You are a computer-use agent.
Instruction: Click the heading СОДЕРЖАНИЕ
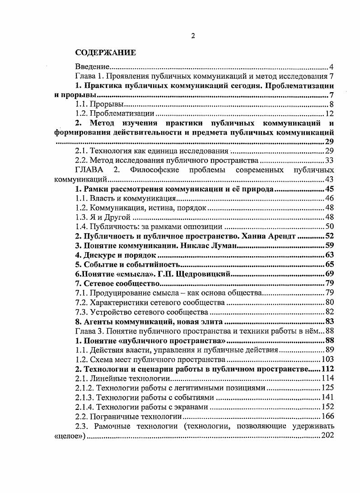[x=105, y=53]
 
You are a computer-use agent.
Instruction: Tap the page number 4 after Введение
[x=332, y=66]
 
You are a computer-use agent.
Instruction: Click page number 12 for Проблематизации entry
[x=329, y=113]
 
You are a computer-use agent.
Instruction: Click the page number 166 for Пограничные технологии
[x=327, y=416]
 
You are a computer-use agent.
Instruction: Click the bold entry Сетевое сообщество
[x=118, y=283]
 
